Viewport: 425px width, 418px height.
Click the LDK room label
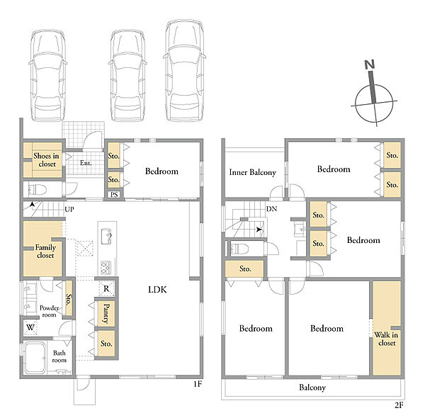pyautogui.click(x=157, y=290)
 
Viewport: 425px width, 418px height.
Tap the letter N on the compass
pyautogui.click(x=370, y=64)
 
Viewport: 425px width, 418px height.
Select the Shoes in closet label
pyautogui.click(x=46, y=160)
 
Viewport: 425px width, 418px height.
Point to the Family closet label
pyautogui.click(x=45, y=252)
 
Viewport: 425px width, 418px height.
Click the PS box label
pyautogui.click(x=114, y=194)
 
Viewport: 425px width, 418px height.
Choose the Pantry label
pyautogui.click(x=106, y=314)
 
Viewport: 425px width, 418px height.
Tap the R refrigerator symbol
pyautogui.click(x=106, y=288)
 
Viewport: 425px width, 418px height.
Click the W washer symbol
pyautogui.click(x=30, y=327)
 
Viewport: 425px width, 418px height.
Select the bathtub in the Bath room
pyautogui.click(x=35, y=357)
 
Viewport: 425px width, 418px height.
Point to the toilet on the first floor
pyautogui.click(x=38, y=190)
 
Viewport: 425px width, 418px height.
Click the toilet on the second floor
pyautogui.click(x=239, y=249)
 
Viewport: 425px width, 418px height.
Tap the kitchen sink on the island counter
pyautogui.click(x=106, y=237)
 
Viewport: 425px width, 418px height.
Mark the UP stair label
pyautogui.click(x=69, y=209)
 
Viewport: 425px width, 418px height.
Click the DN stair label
pyautogui.click(x=271, y=209)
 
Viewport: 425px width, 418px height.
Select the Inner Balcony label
pyautogui.click(x=252, y=172)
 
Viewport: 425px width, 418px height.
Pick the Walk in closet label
pyautogui.click(x=386, y=339)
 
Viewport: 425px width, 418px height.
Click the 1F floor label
pyautogui.click(x=198, y=384)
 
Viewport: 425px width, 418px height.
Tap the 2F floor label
pyautogui.click(x=399, y=405)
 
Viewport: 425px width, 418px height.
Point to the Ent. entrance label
pyautogui.click(x=86, y=163)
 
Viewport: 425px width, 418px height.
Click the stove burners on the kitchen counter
pyautogui.click(x=106, y=267)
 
